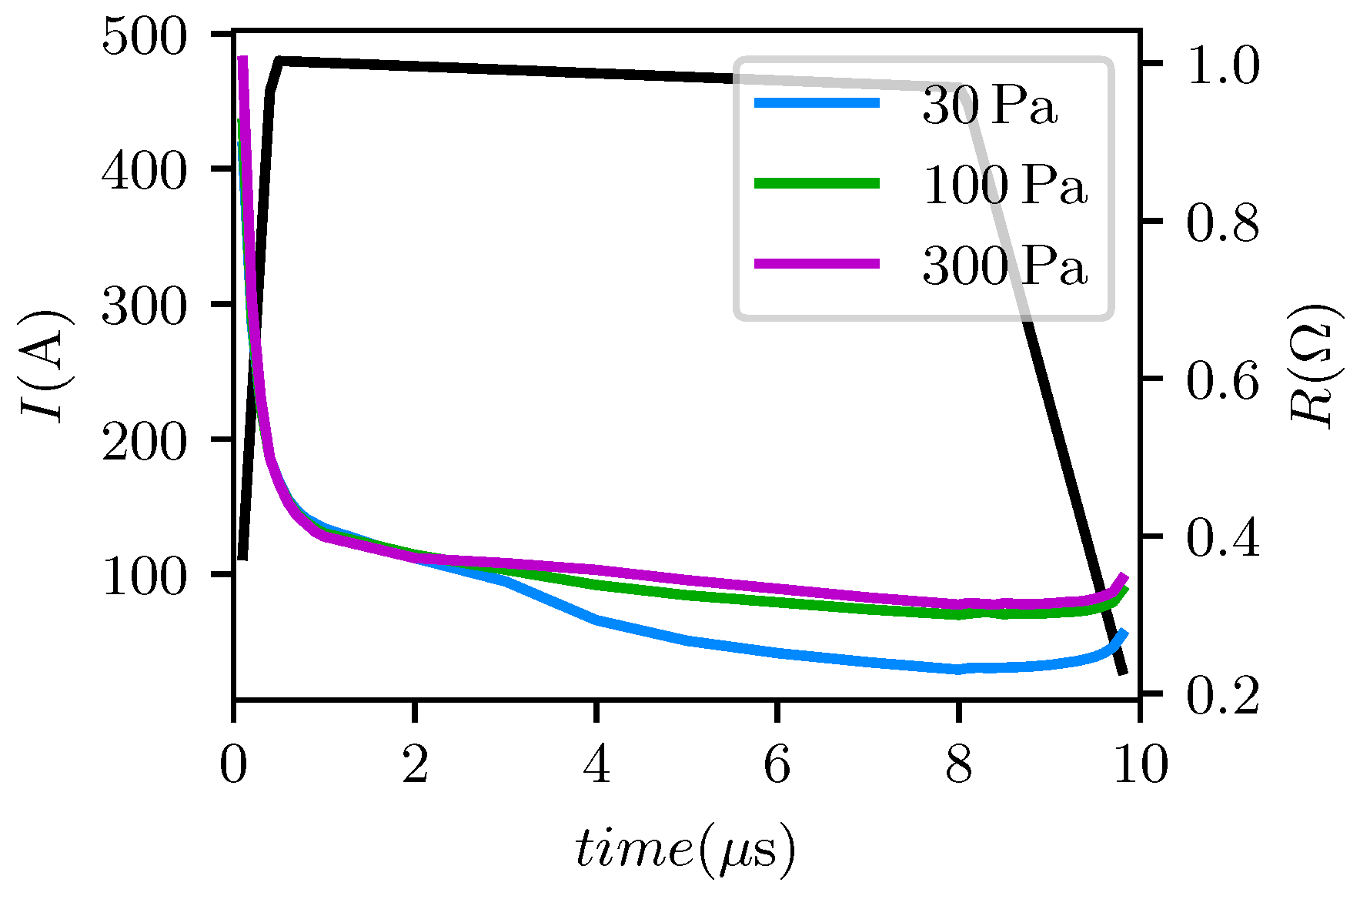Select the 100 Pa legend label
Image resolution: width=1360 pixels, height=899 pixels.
tap(1004, 185)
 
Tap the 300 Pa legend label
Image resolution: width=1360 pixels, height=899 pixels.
tap(1004, 266)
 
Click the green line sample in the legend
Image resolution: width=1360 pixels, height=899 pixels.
tap(817, 183)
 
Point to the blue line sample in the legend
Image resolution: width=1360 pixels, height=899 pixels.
tap(817, 102)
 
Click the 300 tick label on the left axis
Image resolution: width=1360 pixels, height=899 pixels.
tap(144, 306)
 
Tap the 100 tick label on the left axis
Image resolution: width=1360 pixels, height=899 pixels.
tap(144, 576)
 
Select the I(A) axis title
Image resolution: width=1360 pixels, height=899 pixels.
tap(46, 368)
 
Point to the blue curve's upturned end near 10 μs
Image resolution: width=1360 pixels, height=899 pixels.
tap(1124, 633)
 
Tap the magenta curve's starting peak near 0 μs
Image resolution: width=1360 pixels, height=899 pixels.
tap(242, 60)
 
